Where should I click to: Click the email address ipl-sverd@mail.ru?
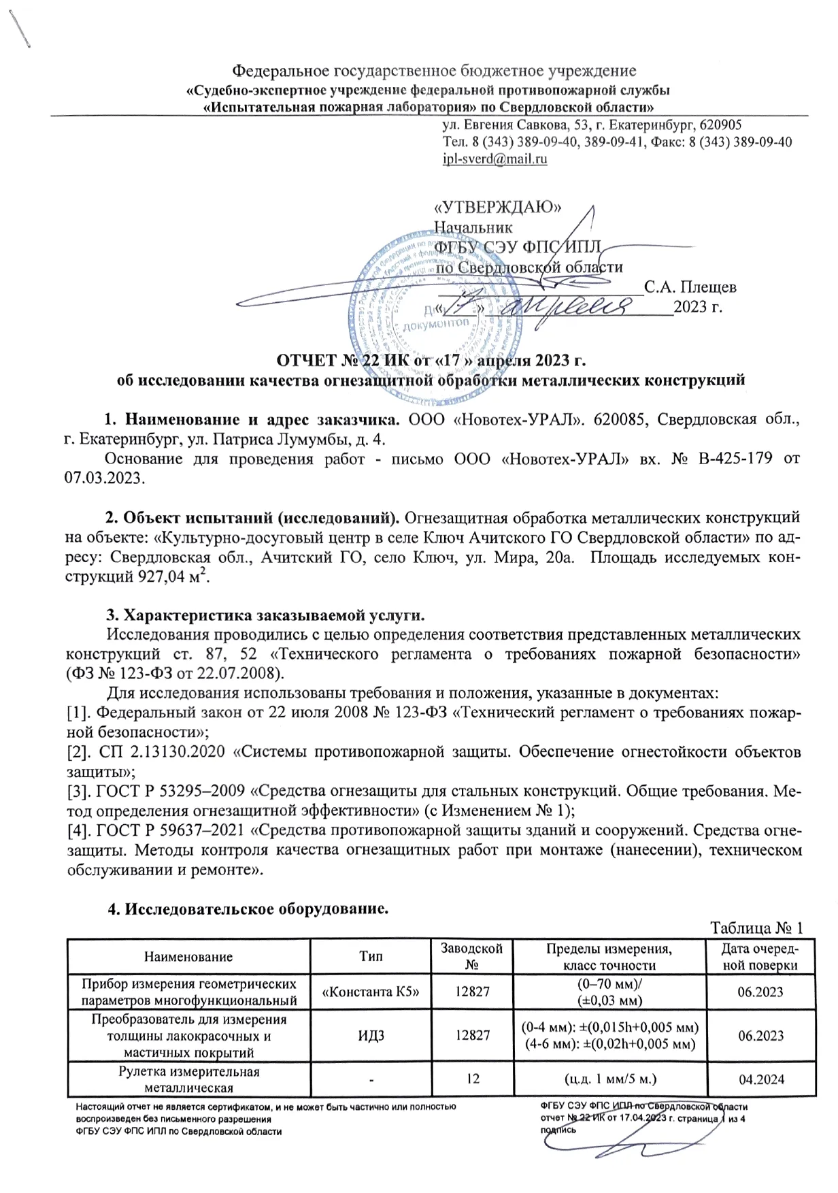point(495,159)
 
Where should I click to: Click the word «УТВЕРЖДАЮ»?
point(497,207)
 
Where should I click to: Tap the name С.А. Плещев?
point(690,287)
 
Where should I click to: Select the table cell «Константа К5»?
point(371,992)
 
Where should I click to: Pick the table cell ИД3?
point(371,1036)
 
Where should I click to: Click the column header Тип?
point(371,956)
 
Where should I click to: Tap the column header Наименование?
point(188,957)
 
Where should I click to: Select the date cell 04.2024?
point(761,1079)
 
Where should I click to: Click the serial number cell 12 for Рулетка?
point(473,1079)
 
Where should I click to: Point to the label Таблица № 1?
point(756,928)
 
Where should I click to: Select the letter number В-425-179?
point(735,459)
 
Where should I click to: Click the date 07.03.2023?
point(104,477)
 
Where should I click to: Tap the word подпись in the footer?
point(558,1129)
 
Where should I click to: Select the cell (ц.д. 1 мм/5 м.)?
point(610,1079)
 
